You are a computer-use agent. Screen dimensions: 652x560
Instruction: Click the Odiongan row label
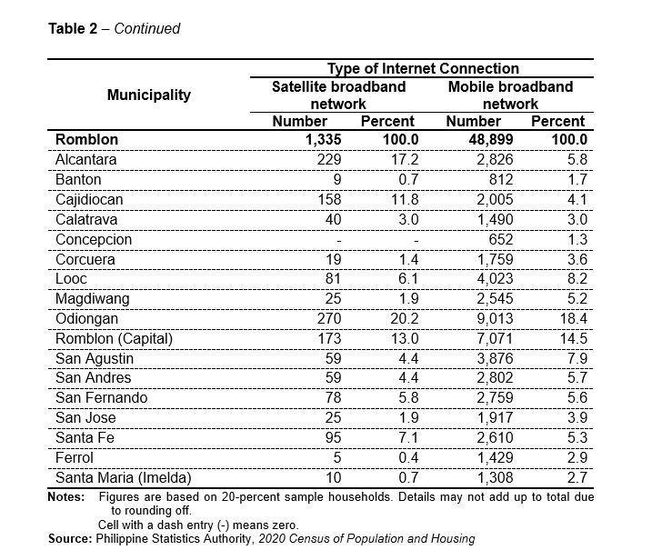point(86,319)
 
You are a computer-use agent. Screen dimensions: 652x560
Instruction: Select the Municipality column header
point(149,95)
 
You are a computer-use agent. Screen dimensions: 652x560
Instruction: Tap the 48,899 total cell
point(491,139)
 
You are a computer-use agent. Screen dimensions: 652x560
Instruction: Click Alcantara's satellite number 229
point(329,159)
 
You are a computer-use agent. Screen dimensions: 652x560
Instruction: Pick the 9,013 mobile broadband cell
point(495,318)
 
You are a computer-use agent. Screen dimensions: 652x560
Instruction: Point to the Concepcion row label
point(94,239)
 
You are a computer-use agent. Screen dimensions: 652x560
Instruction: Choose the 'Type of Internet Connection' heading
point(423,68)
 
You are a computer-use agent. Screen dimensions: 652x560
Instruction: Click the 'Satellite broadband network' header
point(338,95)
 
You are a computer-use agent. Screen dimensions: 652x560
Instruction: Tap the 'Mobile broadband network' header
point(510,95)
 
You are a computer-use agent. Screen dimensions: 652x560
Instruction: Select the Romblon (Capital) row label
point(114,339)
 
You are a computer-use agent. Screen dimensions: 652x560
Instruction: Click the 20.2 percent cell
point(404,318)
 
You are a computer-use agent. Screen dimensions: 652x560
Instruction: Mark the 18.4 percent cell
point(573,318)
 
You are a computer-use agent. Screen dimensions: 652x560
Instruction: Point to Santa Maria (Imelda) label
point(123,477)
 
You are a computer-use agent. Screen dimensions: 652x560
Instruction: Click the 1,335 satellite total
point(323,139)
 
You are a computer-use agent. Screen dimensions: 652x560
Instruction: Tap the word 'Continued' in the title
point(146,29)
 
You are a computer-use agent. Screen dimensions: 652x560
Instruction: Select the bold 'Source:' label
point(70,539)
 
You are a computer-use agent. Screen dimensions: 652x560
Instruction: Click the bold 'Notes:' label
point(66,497)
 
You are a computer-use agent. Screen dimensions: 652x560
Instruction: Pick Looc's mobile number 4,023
point(495,278)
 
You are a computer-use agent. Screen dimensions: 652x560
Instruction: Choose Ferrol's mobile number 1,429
point(495,458)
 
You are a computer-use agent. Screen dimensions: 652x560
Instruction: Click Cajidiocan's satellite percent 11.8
point(404,199)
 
